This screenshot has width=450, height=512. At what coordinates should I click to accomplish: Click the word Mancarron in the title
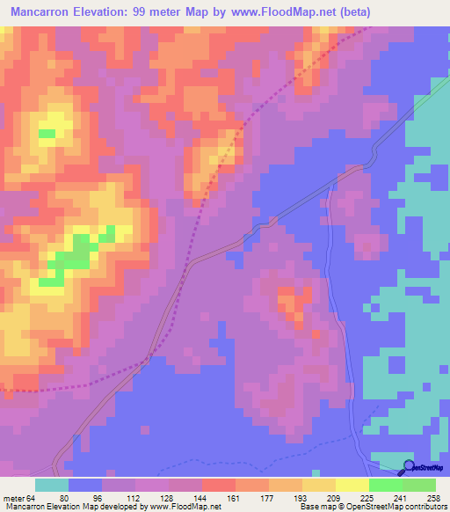coord(41,12)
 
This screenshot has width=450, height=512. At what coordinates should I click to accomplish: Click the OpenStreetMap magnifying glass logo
coord(410,468)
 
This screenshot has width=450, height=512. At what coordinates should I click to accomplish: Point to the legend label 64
coord(32,498)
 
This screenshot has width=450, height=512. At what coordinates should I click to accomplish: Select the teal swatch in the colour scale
coord(52,485)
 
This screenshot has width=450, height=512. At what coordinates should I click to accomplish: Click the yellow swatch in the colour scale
coord(352,485)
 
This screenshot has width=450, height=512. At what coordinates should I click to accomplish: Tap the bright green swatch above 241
coord(385,485)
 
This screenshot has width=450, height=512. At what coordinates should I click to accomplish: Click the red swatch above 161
coord(218,485)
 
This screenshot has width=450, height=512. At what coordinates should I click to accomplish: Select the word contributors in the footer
coord(425,508)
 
